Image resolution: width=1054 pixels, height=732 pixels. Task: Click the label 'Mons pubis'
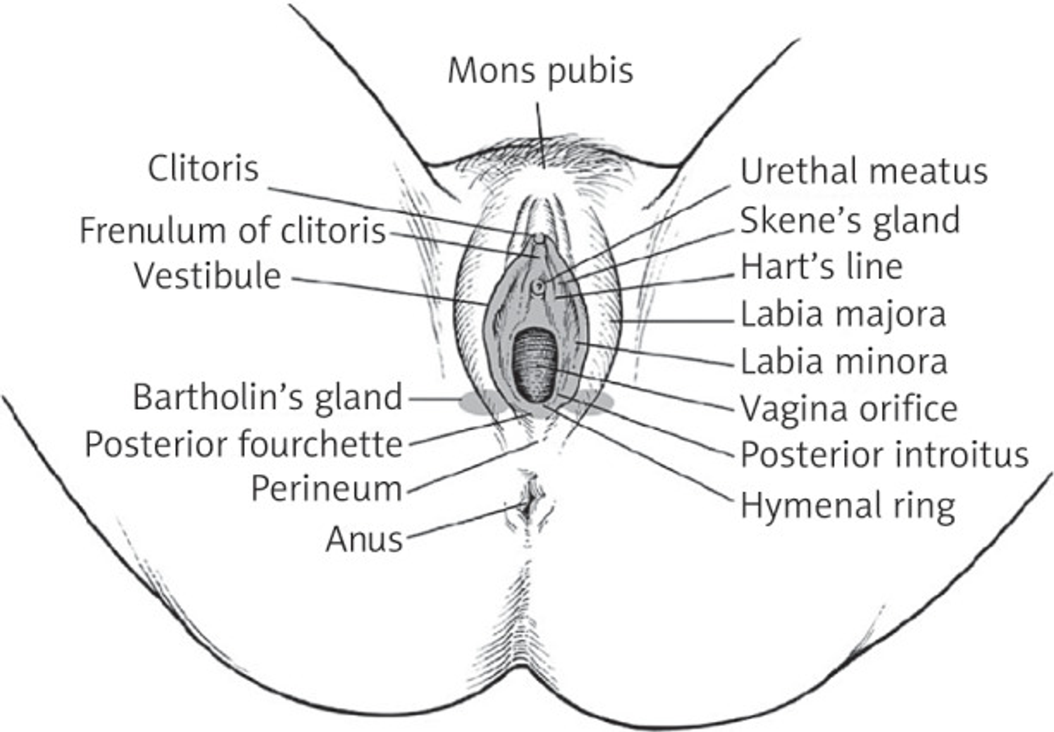(x=540, y=71)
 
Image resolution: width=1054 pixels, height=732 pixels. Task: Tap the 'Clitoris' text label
(x=203, y=168)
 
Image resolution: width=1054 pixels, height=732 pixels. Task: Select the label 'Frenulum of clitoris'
(x=233, y=230)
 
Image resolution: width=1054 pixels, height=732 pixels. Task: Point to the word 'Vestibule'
(x=208, y=276)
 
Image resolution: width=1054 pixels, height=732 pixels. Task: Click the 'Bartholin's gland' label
(x=268, y=397)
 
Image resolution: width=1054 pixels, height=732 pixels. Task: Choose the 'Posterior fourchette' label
(x=244, y=444)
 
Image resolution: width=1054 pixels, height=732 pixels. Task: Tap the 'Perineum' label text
(x=327, y=488)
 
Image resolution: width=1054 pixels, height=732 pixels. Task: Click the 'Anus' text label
(x=365, y=539)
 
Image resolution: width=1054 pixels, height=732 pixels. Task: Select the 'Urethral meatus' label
(x=864, y=172)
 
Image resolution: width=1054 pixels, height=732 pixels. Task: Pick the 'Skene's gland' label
(x=850, y=221)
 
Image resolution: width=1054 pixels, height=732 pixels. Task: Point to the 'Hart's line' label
(x=821, y=267)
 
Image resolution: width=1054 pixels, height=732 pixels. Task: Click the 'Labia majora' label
(x=843, y=315)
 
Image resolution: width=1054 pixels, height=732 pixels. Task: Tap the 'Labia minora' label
(x=844, y=362)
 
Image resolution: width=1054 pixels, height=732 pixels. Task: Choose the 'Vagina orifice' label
(x=849, y=409)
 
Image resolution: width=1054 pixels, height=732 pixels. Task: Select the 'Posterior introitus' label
(x=884, y=455)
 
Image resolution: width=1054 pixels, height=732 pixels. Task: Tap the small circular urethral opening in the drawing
(x=539, y=286)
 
